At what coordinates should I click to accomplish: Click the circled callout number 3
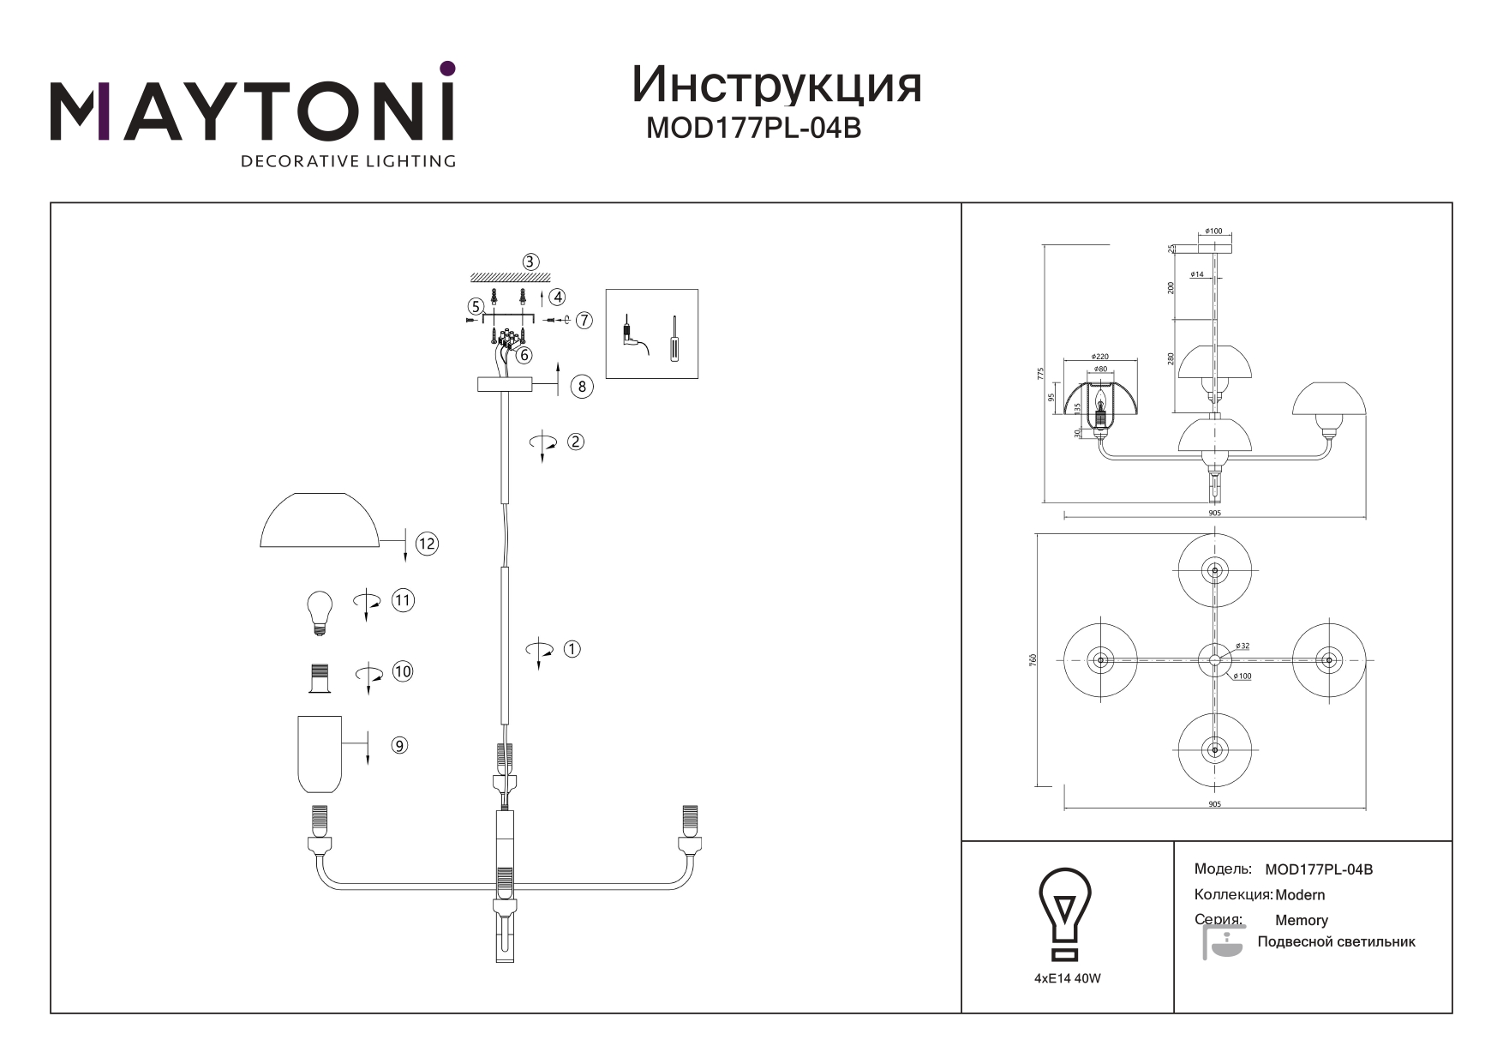coord(530,261)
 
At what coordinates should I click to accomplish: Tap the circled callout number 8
coord(582,386)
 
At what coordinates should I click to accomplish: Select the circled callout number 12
coord(427,544)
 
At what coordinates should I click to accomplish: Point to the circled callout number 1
coord(572,649)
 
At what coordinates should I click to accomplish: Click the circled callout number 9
coord(399,746)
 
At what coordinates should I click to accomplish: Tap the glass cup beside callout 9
coord(320,754)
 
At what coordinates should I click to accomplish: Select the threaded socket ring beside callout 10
coord(320,679)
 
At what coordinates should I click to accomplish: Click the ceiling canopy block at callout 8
coord(504,386)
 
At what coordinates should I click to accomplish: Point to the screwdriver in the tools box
coord(674,340)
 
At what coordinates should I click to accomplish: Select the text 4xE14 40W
coord(1067,978)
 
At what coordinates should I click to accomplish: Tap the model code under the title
coord(752,128)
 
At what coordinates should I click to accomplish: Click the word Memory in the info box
coord(1301,920)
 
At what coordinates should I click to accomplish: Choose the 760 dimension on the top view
coord(1033,659)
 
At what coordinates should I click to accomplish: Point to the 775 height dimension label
coord(1040,374)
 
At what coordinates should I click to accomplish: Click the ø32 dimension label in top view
coord(1243,646)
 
